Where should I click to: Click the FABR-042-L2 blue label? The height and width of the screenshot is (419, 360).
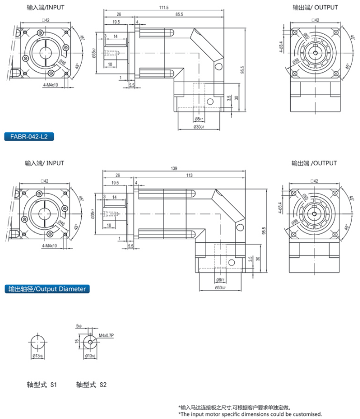tap(29, 137)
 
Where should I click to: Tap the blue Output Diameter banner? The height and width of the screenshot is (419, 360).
tap(47, 289)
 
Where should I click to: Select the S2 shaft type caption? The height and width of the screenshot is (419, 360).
tap(91, 385)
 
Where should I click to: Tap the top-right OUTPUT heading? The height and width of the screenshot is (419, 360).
tap(315, 8)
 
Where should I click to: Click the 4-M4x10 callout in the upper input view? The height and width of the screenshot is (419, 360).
tap(51, 84)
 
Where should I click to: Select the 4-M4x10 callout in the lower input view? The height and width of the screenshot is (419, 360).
tap(51, 246)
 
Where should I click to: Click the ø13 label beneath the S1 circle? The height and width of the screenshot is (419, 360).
tap(37, 356)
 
